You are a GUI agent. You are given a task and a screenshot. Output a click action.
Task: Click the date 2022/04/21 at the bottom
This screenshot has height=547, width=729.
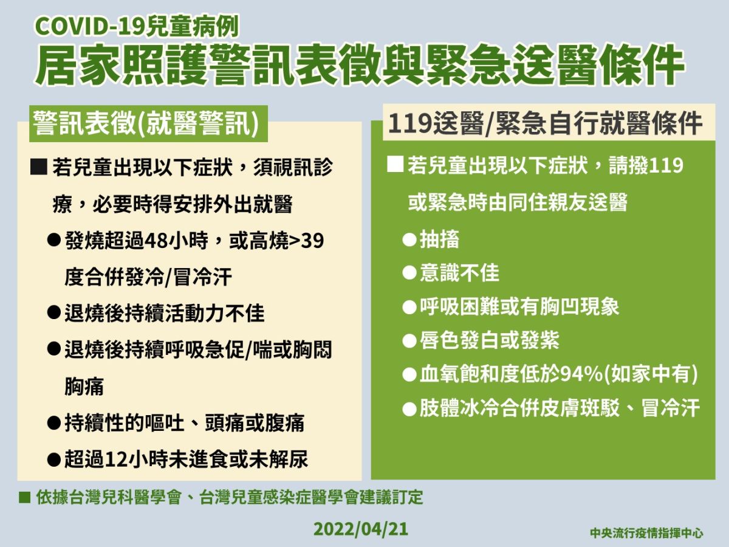[361, 529]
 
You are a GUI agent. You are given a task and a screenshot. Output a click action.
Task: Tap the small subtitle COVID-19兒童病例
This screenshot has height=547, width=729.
[137, 26]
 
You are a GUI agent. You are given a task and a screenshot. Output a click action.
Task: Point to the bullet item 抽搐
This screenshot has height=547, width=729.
[439, 239]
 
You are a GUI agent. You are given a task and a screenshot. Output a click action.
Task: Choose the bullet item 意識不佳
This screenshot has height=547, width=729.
[459, 273]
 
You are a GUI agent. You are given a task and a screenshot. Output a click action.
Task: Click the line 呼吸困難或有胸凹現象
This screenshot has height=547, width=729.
[519, 306]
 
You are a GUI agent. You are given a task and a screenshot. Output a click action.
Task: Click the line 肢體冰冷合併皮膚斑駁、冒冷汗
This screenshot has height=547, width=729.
[560, 408]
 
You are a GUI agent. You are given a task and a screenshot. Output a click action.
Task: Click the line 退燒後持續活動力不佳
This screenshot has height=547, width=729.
[165, 314]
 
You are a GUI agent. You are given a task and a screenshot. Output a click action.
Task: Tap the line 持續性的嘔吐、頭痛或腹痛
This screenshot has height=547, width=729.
[185, 422]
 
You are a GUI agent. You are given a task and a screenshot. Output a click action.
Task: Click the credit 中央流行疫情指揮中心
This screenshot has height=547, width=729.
[646, 532]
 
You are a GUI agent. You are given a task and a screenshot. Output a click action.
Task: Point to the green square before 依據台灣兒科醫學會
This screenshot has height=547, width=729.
[25, 498]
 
